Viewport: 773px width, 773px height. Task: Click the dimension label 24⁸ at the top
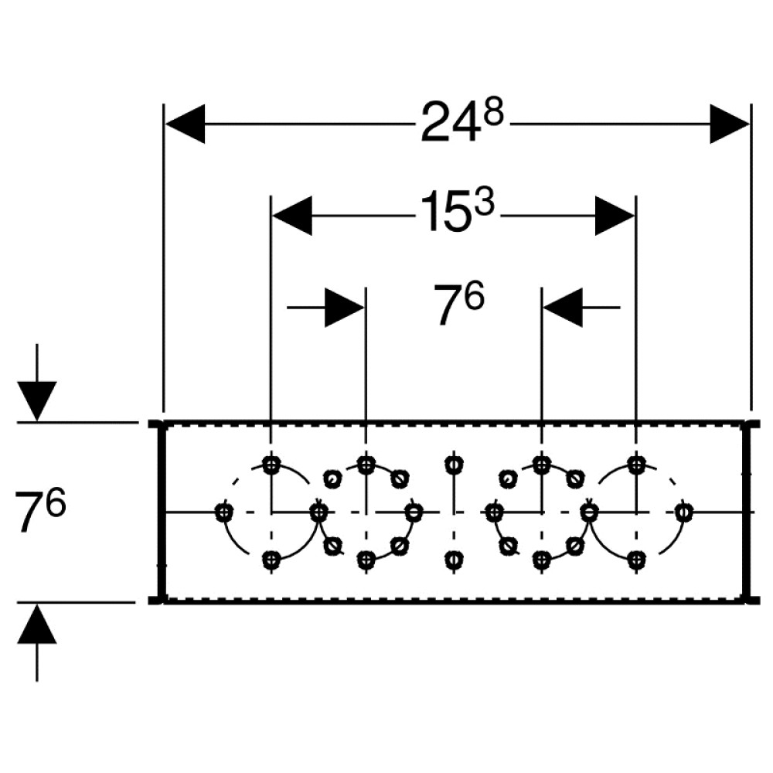point(462,121)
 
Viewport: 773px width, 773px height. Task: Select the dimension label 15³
point(457,212)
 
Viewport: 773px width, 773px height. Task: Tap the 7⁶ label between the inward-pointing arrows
point(459,303)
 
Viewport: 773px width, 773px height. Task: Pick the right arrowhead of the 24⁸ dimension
point(730,124)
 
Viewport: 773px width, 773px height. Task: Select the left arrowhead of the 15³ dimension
point(292,216)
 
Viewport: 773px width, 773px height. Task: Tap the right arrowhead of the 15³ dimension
point(615,216)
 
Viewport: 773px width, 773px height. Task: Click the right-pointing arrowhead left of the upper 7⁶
point(344,308)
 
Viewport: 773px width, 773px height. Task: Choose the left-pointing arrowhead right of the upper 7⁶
point(563,308)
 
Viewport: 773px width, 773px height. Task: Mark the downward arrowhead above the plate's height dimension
point(37,401)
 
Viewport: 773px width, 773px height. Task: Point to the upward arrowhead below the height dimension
point(37,623)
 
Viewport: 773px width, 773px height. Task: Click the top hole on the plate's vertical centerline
point(454,464)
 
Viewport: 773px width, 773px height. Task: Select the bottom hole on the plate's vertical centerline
point(454,560)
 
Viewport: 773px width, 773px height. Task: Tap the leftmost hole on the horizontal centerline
point(224,512)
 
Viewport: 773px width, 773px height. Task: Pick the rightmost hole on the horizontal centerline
point(683,512)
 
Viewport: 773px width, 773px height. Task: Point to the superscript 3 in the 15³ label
point(485,204)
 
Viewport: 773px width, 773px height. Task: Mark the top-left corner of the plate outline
point(164,423)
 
